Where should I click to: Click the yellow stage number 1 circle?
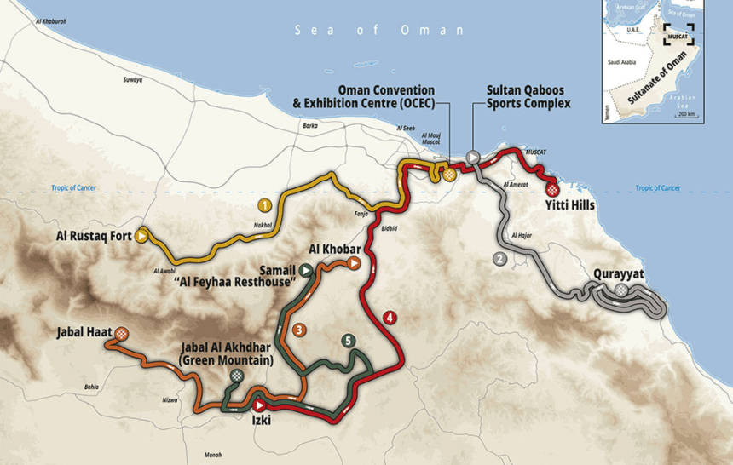point(265,205)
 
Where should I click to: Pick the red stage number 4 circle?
point(390,319)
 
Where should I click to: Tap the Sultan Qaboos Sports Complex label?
point(528,97)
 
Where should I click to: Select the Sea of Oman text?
point(379,31)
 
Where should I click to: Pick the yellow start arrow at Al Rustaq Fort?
point(141,236)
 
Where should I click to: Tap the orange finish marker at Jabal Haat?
point(122,333)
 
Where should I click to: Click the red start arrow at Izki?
point(258,406)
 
